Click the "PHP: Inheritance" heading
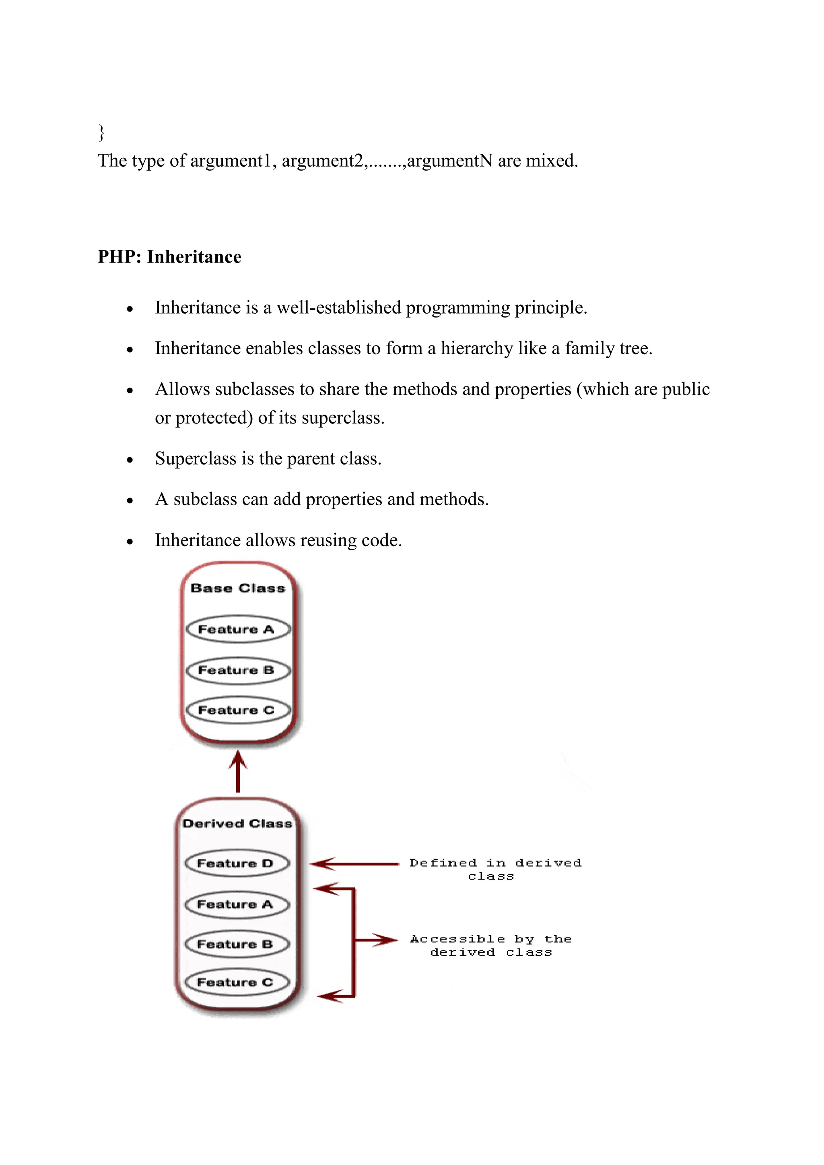[x=169, y=257]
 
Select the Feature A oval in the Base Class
[x=237, y=630]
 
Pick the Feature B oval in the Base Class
[x=237, y=670]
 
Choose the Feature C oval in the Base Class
[x=237, y=710]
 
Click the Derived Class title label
[x=237, y=823]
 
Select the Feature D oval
[x=237, y=863]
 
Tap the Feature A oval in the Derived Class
[x=237, y=904]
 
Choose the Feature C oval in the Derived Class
[x=237, y=983]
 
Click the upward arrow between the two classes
[x=237, y=772]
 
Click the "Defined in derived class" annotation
[x=495, y=869]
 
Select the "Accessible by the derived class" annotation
[x=490, y=945]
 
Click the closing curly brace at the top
[x=101, y=132]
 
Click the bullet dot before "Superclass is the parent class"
[x=130, y=460]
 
